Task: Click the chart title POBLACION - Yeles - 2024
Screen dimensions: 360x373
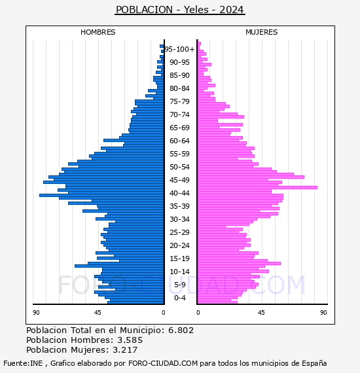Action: click(180, 10)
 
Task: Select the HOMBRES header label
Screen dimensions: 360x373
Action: click(98, 32)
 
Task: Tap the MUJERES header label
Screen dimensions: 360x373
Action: click(262, 32)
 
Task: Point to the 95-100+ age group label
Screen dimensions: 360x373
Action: click(179, 49)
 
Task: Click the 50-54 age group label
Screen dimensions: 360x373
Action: click(179, 167)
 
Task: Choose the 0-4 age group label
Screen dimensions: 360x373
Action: click(179, 298)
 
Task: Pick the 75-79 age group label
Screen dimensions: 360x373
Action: click(179, 101)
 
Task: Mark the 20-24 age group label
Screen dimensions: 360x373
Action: click(179, 245)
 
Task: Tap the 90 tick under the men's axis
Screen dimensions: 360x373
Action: click(36, 312)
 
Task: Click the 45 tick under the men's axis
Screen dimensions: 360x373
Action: click(98, 312)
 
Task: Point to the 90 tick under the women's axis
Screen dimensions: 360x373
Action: click(323, 312)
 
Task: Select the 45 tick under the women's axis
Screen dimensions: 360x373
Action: click(261, 312)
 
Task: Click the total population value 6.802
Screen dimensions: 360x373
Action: click(181, 330)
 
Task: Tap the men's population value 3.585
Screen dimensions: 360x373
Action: click(130, 340)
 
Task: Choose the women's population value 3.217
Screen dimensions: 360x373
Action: click(125, 349)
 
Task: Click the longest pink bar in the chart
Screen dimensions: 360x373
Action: click(257, 187)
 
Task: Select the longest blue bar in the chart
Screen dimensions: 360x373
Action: click(101, 195)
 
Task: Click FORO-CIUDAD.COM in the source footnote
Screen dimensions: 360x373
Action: click(163, 363)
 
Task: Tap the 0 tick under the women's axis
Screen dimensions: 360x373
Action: click(198, 312)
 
